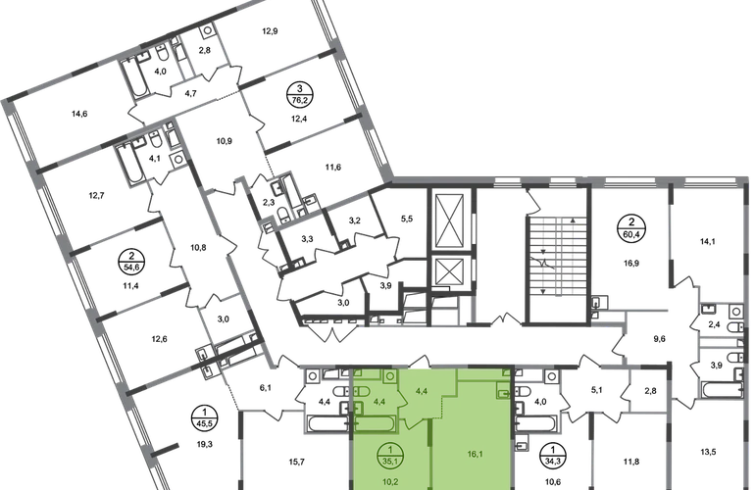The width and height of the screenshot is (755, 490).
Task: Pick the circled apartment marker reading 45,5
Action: click(204, 418)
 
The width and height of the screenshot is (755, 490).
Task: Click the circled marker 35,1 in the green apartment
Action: click(390, 455)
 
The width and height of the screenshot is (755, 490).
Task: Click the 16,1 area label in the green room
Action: click(475, 454)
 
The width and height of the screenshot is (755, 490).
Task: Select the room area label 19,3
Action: click(204, 444)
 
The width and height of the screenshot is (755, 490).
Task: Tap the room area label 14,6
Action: click(79, 114)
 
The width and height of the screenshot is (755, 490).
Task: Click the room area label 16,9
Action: click(631, 264)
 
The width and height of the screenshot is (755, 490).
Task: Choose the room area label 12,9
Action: click(270, 31)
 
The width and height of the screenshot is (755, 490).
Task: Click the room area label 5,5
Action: click(407, 219)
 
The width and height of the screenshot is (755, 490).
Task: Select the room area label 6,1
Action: click(265, 387)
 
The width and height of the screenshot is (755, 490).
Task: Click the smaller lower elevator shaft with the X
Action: click(449, 272)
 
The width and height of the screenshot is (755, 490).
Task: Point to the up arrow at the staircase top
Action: click(573, 220)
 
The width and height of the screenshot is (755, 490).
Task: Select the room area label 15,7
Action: click(296, 463)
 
